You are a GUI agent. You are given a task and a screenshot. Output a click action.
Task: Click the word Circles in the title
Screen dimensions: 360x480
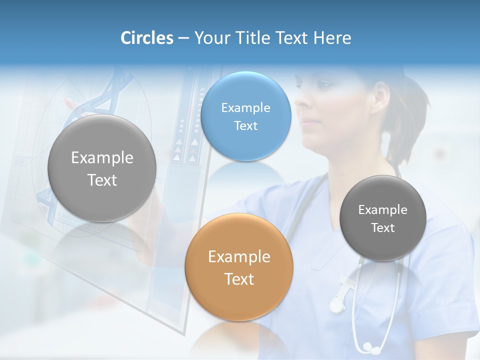coord(146,38)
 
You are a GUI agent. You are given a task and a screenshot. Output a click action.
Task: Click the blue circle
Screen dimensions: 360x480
coord(246,116)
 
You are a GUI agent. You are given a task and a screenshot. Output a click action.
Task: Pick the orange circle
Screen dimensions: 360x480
coord(239,267)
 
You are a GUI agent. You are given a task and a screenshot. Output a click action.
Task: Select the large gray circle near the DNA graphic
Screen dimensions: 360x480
coord(102,168)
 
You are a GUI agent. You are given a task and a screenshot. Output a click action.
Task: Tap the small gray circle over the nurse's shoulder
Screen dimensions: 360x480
coord(383,218)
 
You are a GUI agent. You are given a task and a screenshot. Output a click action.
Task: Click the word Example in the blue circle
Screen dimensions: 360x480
coord(246,107)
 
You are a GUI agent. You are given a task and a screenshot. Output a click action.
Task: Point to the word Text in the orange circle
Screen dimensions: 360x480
coord(239,279)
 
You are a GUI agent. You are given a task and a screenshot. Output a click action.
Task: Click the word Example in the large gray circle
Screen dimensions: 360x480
coord(102,157)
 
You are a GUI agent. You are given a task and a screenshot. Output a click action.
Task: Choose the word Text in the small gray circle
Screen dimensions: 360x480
coord(383,228)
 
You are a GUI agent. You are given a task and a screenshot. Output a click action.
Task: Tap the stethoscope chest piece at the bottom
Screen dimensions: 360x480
coord(368,346)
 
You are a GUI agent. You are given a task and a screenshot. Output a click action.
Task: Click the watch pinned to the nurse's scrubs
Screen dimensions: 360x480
coord(337,303)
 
